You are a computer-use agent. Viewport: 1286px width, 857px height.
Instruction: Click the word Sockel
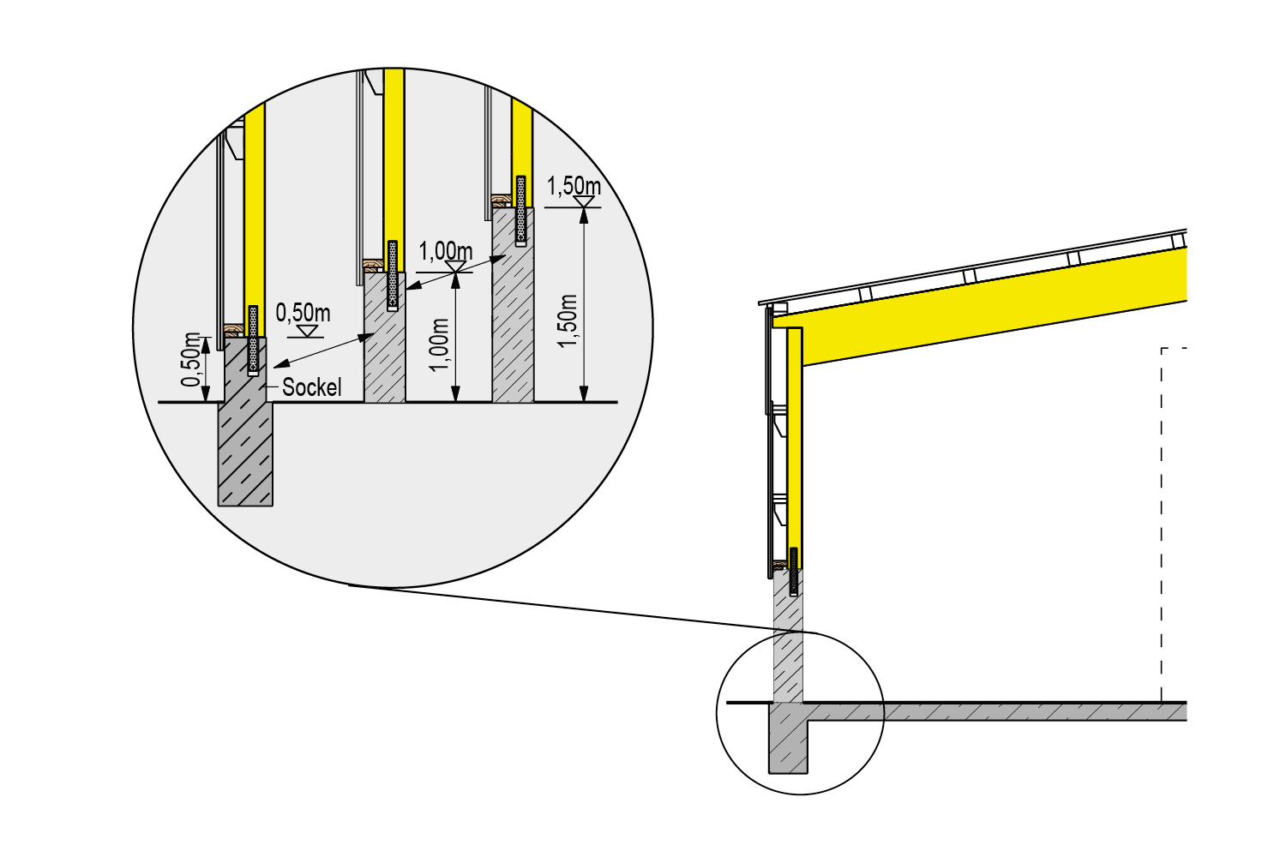point(312,387)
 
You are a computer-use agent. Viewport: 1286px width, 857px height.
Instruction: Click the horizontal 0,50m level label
point(303,313)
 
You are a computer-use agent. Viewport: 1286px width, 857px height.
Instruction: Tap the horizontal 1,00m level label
point(446,251)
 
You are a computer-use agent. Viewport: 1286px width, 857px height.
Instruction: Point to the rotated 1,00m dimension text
point(440,345)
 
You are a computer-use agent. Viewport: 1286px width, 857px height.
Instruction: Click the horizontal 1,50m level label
point(574,186)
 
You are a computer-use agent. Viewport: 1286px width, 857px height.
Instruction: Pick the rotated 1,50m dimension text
point(568,321)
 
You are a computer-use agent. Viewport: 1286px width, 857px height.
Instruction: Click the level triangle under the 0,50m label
point(309,331)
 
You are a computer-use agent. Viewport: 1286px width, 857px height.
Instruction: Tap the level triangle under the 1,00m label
point(456,267)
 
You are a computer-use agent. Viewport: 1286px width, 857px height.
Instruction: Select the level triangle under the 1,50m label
point(584,201)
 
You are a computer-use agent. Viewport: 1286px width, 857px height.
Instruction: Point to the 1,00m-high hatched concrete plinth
point(385,339)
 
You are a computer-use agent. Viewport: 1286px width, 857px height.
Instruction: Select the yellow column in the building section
point(795,447)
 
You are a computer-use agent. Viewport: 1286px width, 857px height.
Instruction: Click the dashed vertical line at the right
point(1162,524)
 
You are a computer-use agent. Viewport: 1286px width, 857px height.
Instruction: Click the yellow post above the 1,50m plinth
point(522,152)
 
